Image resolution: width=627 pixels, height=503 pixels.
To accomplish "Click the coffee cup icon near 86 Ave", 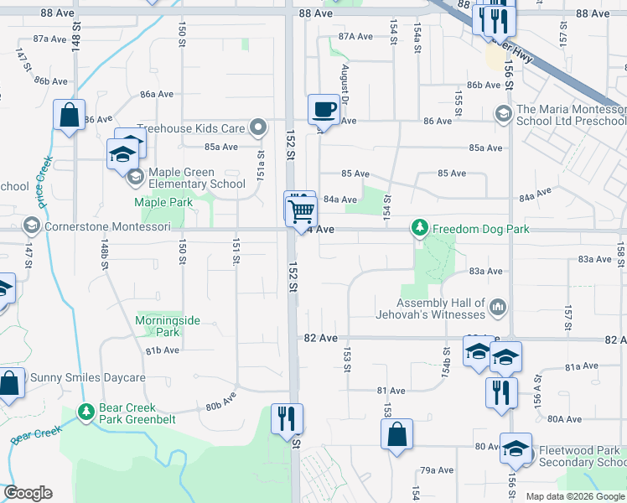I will (324, 108).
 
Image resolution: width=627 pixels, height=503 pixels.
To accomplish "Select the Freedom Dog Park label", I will (466, 227).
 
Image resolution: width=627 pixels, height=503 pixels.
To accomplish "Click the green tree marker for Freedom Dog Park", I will (418, 227).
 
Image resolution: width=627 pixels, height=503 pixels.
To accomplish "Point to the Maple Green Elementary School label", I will (196, 178).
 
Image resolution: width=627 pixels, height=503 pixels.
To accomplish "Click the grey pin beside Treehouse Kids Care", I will (259, 128).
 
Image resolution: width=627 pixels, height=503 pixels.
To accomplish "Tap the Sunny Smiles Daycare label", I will (88, 377).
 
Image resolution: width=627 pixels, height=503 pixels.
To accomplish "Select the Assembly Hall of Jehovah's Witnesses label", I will (442, 309).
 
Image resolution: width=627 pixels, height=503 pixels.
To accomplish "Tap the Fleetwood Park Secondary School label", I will (581, 456).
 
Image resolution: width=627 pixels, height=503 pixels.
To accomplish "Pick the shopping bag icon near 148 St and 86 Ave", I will (69, 115).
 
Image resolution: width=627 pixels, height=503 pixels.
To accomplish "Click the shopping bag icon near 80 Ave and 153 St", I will (396, 434).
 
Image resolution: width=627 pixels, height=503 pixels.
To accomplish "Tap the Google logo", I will (28, 493).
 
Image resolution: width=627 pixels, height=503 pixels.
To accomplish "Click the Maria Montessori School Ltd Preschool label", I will (570, 115).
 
